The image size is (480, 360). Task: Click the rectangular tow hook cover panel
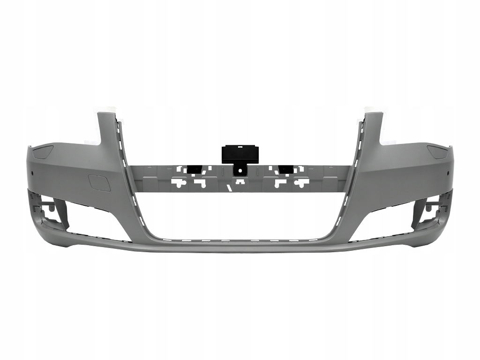(99, 183)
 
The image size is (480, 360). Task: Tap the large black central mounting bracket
(240, 154)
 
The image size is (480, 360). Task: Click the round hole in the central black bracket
(240, 171)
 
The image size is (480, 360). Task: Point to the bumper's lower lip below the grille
(240, 247)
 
